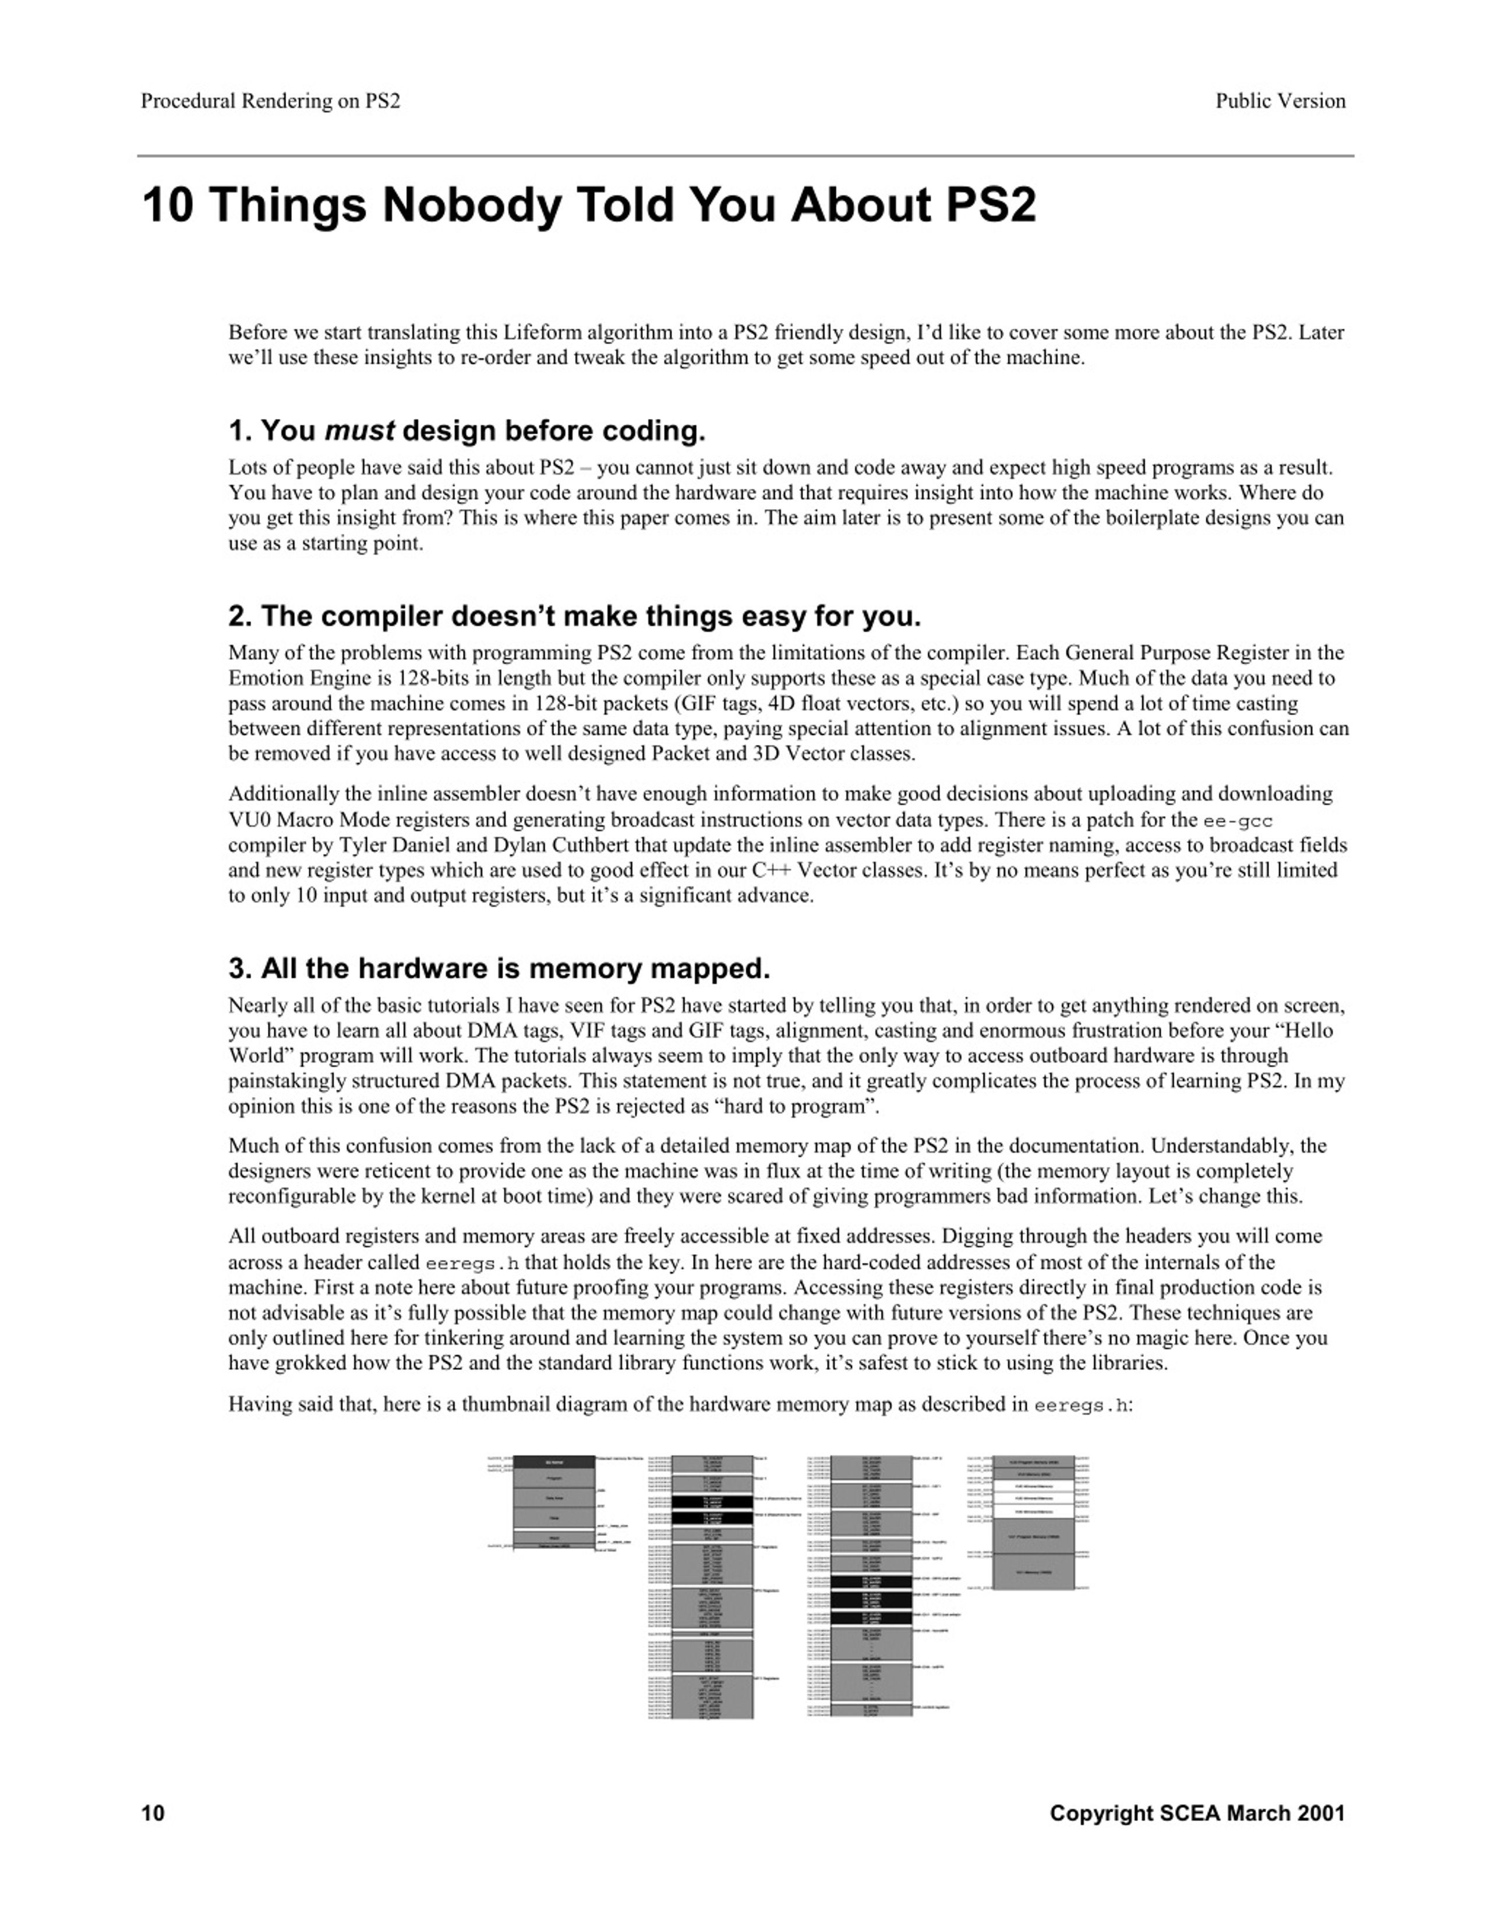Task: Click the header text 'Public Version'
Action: pos(1280,101)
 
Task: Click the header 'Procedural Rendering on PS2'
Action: pos(270,101)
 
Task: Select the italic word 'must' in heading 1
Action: pos(359,431)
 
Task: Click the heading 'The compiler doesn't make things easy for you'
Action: pos(574,616)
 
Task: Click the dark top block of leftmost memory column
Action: pos(554,1463)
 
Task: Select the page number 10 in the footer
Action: pos(153,1813)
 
